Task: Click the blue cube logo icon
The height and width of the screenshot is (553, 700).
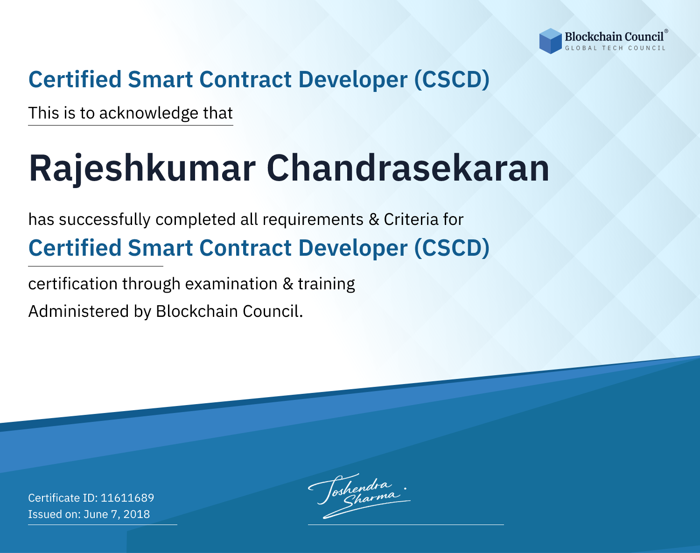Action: (x=550, y=41)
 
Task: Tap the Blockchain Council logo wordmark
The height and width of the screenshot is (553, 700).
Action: (x=614, y=37)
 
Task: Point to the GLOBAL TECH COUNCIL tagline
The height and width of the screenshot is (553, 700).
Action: (x=615, y=48)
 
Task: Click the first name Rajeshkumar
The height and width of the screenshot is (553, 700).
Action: (x=142, y=169)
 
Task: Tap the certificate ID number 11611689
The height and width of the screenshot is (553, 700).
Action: (x=127, y=497)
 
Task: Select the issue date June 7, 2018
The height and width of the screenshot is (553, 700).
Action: (x=117, y=514)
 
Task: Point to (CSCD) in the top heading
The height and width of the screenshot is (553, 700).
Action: (x=452, y=80)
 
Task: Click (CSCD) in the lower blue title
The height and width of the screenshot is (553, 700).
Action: (x=452, y=248)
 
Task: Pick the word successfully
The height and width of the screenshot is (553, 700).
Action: (x=105, y=220)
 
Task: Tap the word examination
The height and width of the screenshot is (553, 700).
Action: (x=231, y=284)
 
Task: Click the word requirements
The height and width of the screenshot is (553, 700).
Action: (x=313, y=220)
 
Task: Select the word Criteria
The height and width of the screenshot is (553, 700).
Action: (x=411, y=219)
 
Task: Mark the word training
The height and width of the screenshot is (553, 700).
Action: (x=326, y=284)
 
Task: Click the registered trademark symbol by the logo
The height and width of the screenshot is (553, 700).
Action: (x=666, y=31)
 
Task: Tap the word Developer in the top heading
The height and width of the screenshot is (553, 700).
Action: (x=353, y=80)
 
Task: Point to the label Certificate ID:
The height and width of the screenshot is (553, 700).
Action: (x=63, y=497)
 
